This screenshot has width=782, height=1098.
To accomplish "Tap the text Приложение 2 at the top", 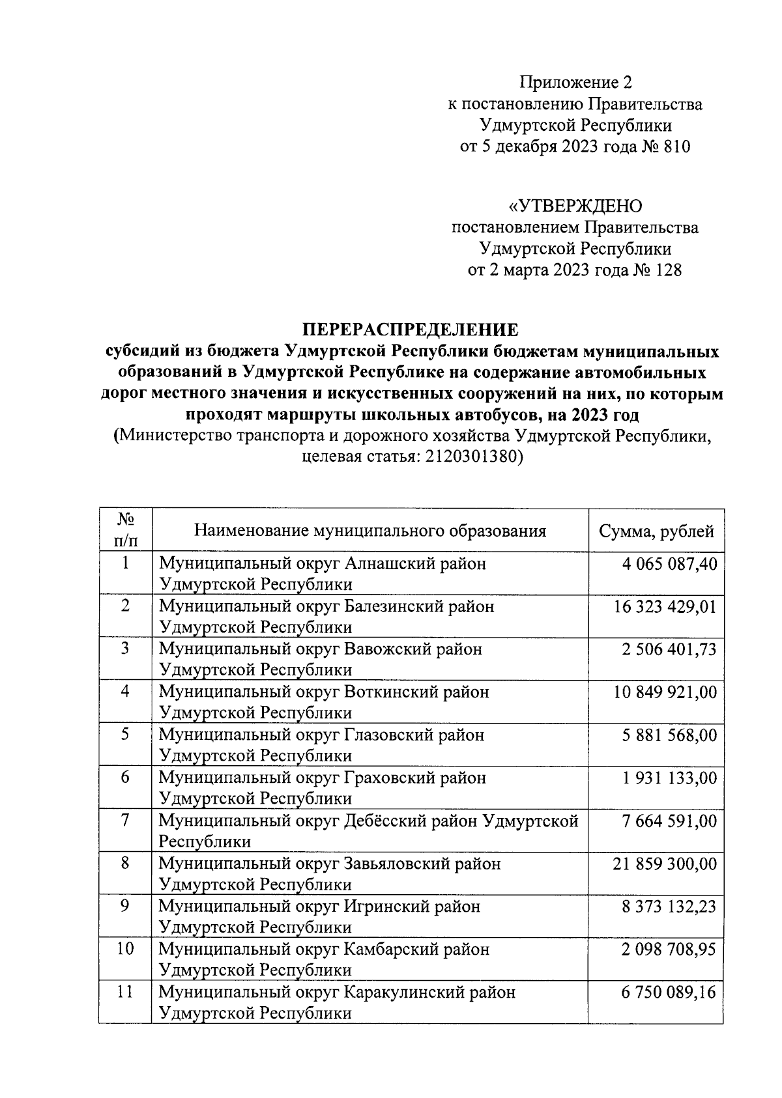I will [x=575, y=82].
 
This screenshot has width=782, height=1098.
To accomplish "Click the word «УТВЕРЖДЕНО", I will [x=575, y=206].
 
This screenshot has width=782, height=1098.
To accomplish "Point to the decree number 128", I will [x=668, y=270].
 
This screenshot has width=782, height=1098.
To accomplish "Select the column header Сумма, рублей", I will [x=656, y=531].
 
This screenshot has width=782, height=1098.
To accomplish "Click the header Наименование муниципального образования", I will [x=369, y=531].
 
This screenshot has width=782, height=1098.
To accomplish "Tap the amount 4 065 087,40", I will [x=669, y=564].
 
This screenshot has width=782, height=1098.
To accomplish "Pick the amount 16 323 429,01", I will [x=665, y=607].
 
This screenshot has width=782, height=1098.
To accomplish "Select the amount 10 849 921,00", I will [x=665, y=692].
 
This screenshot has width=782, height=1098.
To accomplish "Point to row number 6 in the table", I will [x=125, y=778].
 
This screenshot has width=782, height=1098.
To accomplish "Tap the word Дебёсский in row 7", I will [x=388, y=821].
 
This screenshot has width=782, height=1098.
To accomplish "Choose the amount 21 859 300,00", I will [x=665, y=864].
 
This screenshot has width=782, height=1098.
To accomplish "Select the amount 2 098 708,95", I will [x=669, y=950].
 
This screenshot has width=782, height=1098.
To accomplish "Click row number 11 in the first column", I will [x=125, y=992].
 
